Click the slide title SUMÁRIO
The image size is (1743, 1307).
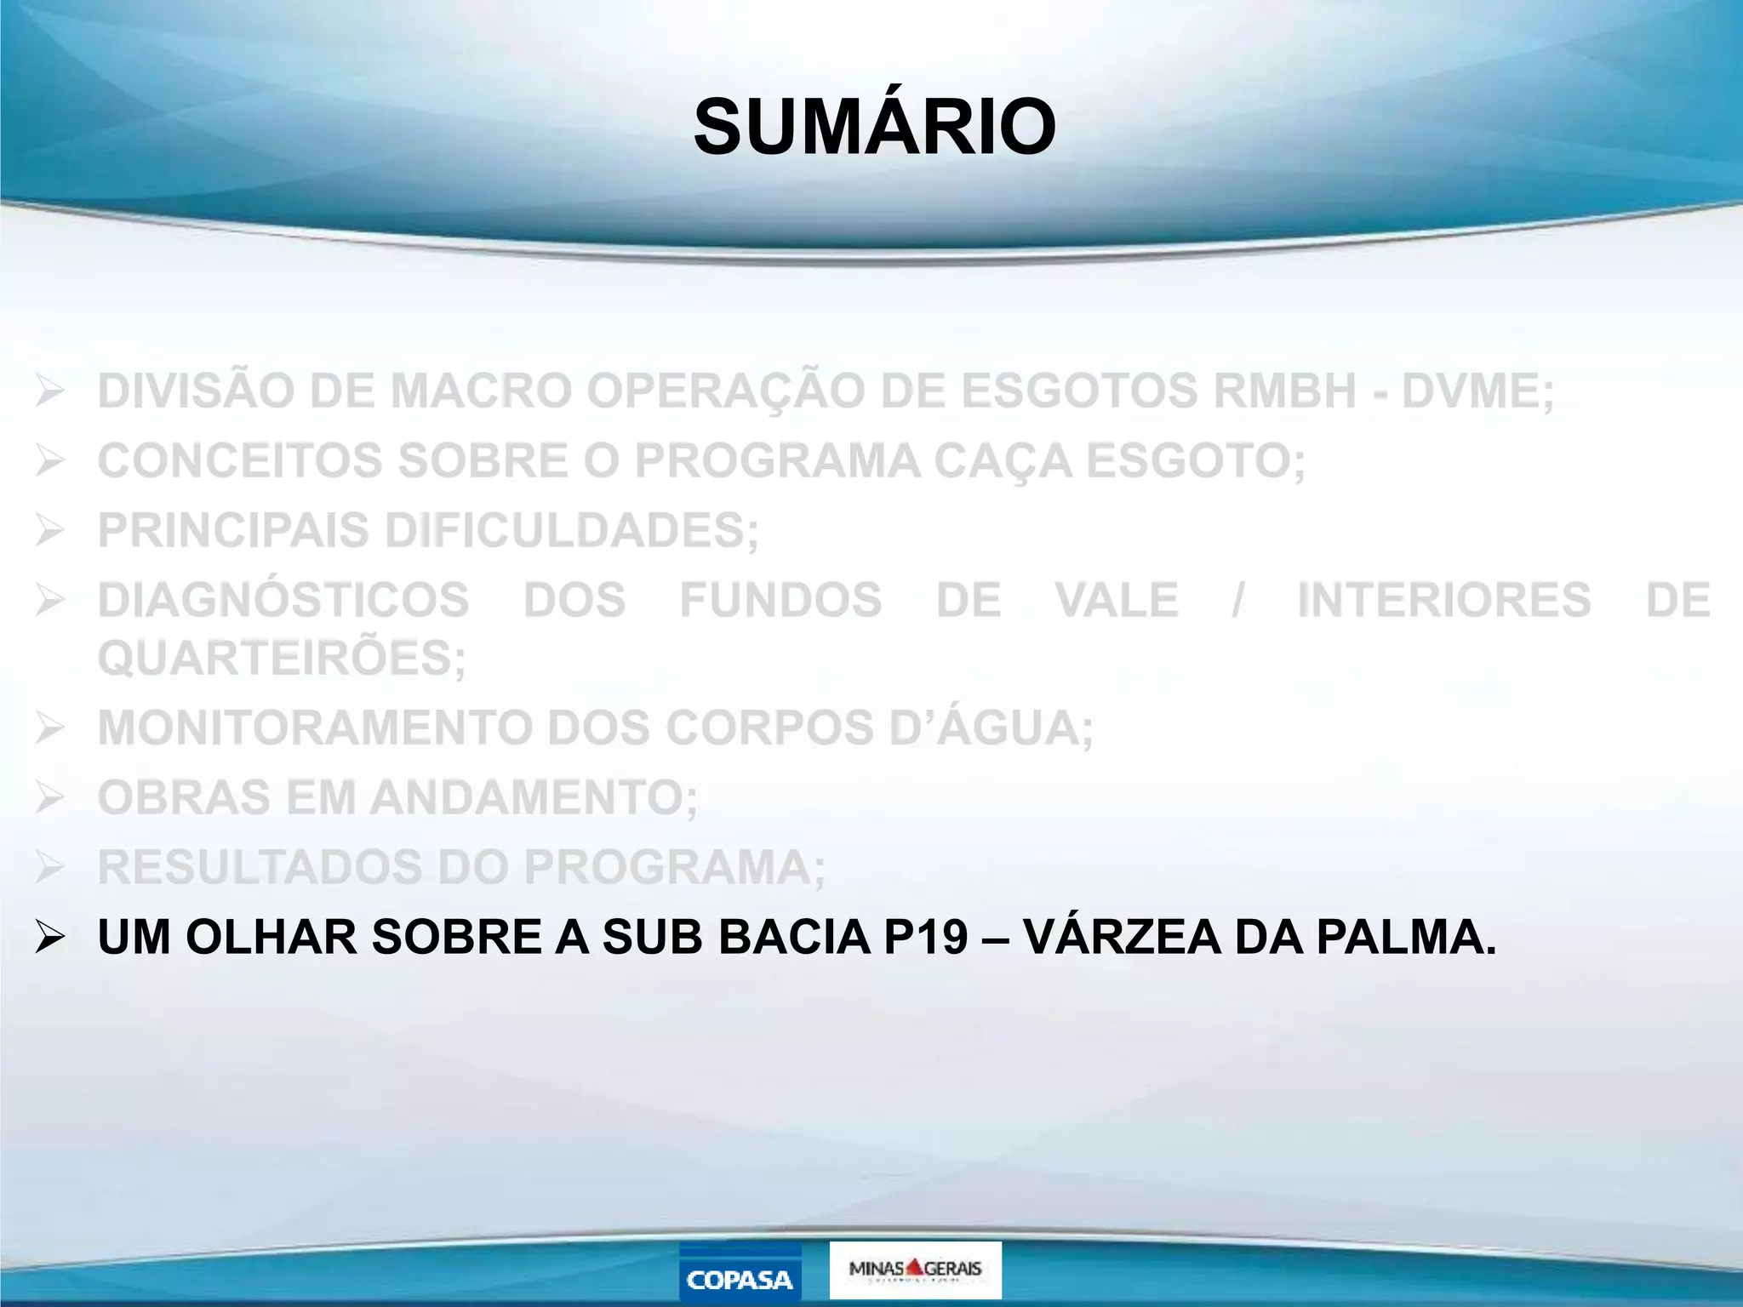[x=875, y=128]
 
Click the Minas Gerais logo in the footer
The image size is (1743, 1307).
[x=915, y=1270]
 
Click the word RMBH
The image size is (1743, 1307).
[x=1284, y=391]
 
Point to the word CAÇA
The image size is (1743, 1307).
[x=1003, y=461]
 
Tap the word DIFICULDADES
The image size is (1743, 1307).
[x=571, y=531]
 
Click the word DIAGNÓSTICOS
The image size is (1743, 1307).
[x=283, y=600]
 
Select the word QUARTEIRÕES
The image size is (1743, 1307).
[x=282, y=658]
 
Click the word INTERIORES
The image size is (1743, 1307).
[x=1444, y=600]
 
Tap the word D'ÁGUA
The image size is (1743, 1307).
[x=992, y=728]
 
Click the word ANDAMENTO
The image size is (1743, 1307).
[x=534, y=798]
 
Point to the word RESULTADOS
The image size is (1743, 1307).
[x=260, y=868]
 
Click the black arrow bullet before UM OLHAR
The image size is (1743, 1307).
[x=50, y=938]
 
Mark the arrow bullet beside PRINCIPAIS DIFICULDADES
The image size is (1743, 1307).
[x=50, y=531]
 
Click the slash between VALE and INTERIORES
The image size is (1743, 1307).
[x=1238, y=600]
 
